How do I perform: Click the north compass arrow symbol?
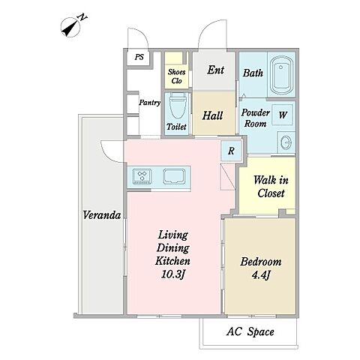[70, 27]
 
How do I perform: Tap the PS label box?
[139, 58]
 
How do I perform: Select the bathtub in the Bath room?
[281, 74]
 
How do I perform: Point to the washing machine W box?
[283, 115]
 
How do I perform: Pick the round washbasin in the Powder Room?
[286, 143]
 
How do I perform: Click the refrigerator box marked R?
[232, 151]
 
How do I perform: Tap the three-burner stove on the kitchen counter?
[142, 176]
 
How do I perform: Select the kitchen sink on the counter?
[174, 176]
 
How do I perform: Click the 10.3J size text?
[172, 274]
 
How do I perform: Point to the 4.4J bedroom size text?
[261, 275]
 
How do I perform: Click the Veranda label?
[102, 215]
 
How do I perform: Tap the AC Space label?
[250, 332]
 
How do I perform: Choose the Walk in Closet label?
[271, 187]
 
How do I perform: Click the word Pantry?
[150, 103]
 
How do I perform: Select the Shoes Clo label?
[176, 76]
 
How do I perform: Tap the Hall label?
[212, 115]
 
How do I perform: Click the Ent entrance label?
[215, 70]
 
